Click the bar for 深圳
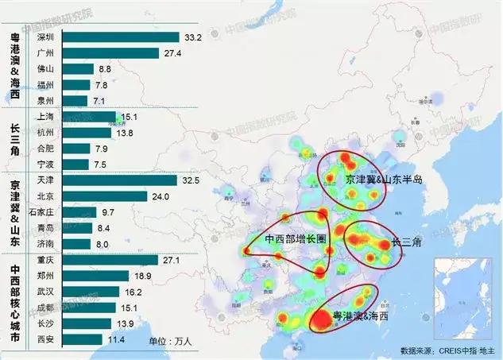point(119,37)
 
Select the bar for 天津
point(119,180)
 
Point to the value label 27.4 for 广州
point(172,53)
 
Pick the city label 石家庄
point(41,212)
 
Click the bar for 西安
point(81,339)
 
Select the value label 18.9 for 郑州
point(143,276)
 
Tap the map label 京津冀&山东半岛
point(384,180)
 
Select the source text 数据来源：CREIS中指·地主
point(450,350)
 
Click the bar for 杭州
point(87,133)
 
